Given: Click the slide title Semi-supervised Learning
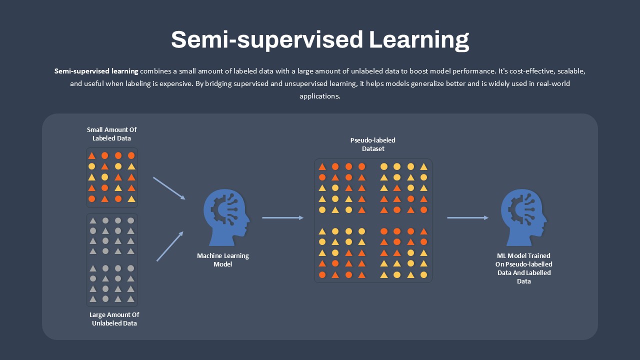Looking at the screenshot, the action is click(x=320, y=40).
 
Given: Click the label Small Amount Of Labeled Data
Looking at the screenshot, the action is click(x=111, y=134).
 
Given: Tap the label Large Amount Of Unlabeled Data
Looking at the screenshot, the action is click(x=114, y=319).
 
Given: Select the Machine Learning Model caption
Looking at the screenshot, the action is click(x=223, y=259).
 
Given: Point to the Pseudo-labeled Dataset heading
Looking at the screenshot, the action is click(x=373, y=144).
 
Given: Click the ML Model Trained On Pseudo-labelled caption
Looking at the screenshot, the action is click(x=523, y=268).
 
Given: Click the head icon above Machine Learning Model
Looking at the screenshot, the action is click(x=226, y=217).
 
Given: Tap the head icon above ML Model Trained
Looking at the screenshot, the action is click(x=524, y=217).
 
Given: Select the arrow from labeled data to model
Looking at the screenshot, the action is click(x=169, y=188).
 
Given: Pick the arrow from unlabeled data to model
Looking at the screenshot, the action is click(x=170, y=246).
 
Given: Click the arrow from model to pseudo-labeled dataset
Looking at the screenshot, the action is click(x=283, y=217).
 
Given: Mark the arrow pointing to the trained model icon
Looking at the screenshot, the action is click(x=467, y=217).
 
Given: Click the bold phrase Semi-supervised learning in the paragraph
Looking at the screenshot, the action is click(x=96, y=71).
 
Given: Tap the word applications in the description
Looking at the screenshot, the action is click(x=320, y=96).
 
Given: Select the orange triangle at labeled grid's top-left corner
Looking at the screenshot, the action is click(x=91, y=155).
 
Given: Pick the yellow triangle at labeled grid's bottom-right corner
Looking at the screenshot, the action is click(x=131, y=199).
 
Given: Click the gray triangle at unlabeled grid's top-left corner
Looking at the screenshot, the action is click(x=93, y=220).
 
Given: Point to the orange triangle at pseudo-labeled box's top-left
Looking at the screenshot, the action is click(x=322, y=166).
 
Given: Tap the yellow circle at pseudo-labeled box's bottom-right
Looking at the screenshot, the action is click(x=423, y=275).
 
